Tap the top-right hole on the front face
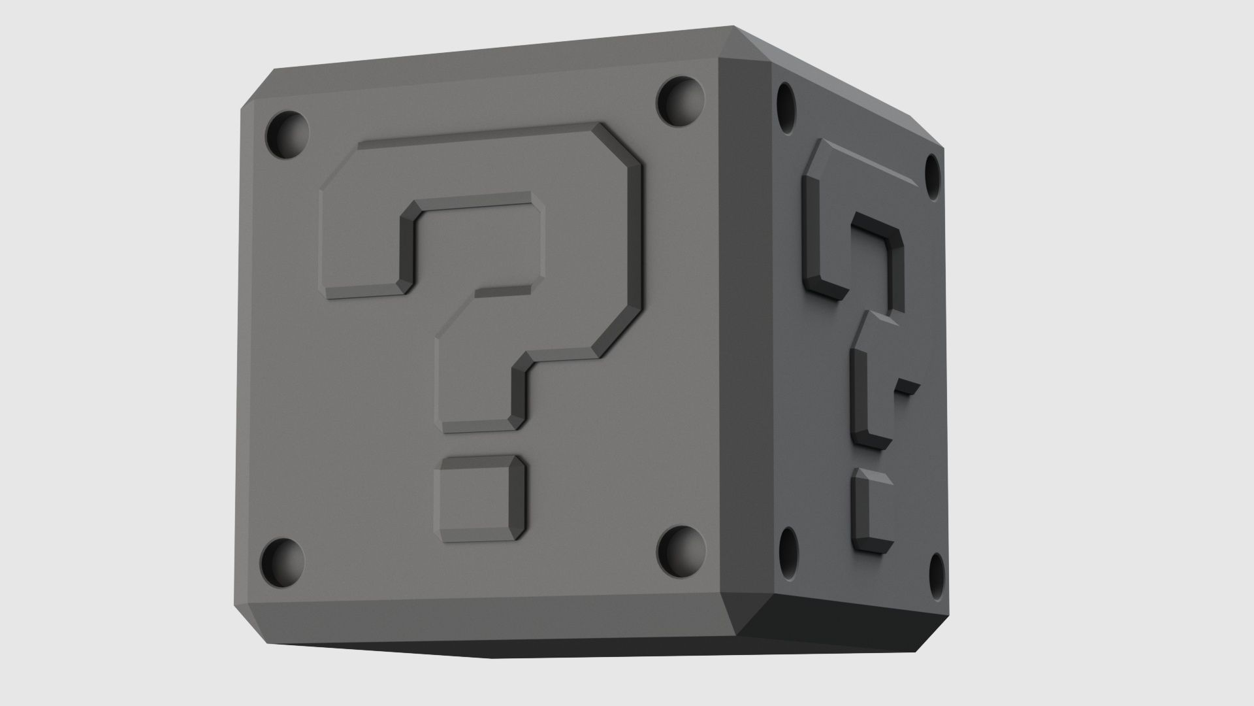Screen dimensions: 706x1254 (x=681, y=102)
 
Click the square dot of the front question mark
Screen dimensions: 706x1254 (x=482, y=499)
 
